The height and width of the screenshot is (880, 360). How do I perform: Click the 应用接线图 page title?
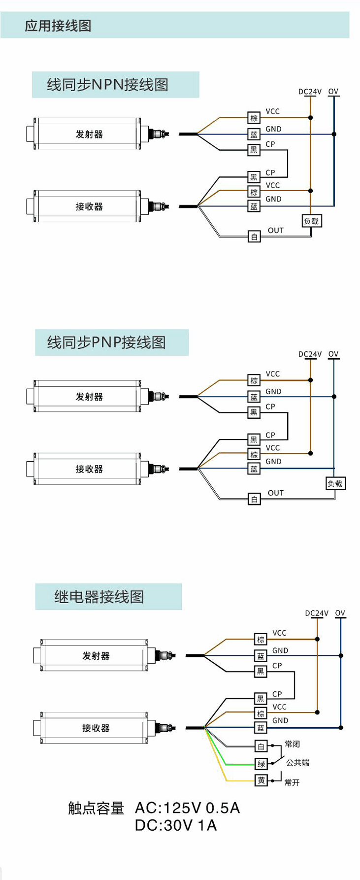(58, 26)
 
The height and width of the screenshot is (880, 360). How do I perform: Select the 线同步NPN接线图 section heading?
(107, 85)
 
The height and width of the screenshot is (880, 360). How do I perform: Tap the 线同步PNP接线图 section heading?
(106, 342)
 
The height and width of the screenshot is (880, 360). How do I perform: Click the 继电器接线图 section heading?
(99, 597)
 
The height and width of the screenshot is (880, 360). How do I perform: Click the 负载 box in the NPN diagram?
(311, 221)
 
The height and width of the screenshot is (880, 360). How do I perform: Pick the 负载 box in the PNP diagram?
(335, 483)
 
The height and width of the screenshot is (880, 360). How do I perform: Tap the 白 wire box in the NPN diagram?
(254, 237)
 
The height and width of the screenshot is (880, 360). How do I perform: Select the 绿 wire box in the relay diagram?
(261, 764)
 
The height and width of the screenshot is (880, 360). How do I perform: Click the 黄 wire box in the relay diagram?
(261, 780)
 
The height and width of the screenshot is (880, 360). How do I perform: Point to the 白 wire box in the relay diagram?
(261, 746)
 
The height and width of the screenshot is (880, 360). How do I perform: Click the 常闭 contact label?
(292, 744)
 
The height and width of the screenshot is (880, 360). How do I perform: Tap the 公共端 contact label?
(297, 763)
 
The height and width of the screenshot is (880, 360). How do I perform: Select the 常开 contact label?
(292, 782)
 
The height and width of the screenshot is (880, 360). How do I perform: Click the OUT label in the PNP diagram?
(276, 493)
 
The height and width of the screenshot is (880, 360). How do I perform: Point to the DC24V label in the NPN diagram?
(310, 92)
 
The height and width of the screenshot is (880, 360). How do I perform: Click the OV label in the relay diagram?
(340, 613)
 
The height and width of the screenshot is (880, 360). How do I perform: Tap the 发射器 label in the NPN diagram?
(89, 134)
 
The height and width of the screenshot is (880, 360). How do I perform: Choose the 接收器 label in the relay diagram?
(96, 728)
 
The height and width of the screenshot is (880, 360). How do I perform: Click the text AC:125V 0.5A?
(188, 808)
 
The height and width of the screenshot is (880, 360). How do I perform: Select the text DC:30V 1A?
(176, 825)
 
